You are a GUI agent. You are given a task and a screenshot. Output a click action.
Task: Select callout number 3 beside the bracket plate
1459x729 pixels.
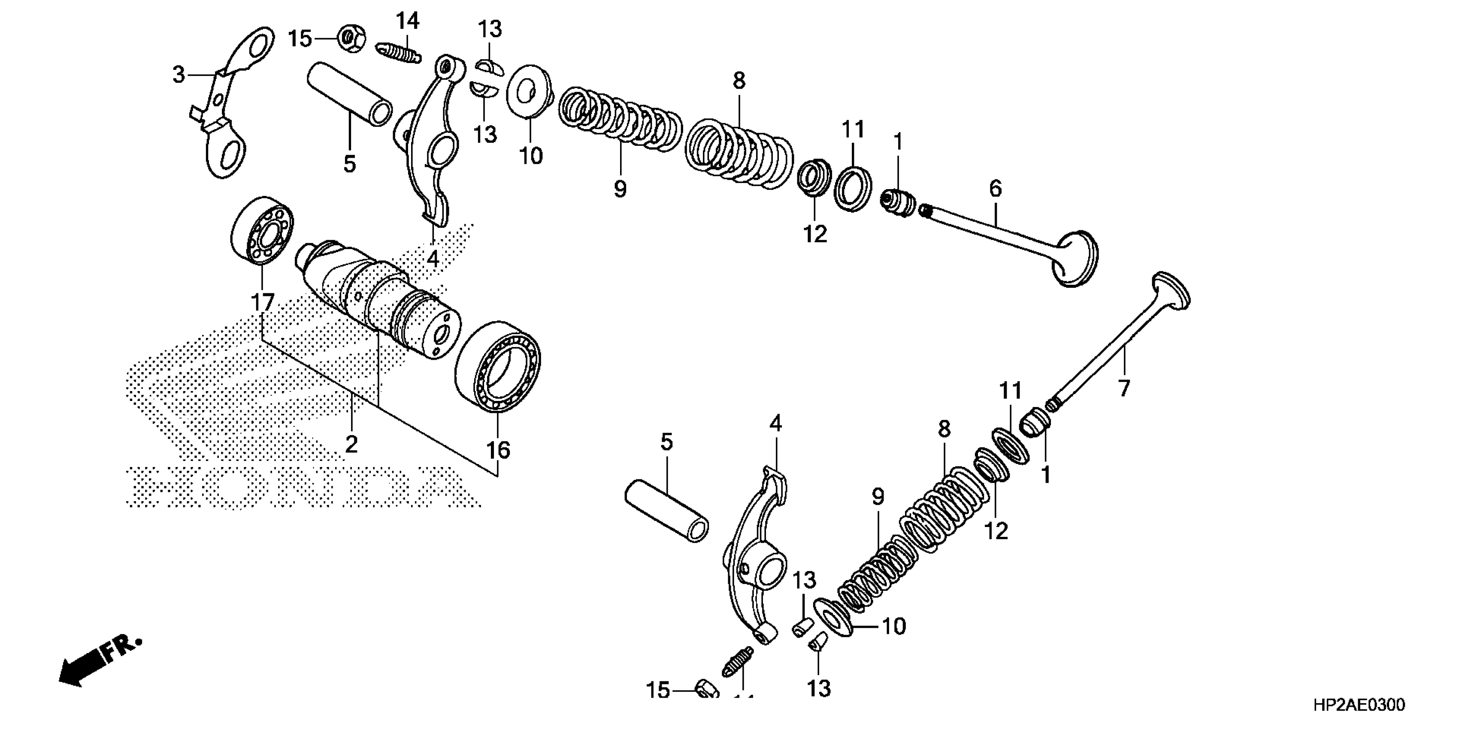coord(179,74)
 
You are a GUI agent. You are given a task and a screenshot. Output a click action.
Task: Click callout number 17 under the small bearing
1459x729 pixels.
coord(263,303)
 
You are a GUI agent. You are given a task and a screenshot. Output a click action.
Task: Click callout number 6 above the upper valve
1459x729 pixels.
coord(995,189)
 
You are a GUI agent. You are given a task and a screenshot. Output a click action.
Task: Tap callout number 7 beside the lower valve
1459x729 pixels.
coord(1124,388)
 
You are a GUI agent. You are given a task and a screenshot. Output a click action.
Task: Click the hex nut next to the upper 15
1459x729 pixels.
coord(351,39)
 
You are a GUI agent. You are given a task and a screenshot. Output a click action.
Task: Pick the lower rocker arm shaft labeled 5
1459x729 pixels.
coord(666,510)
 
